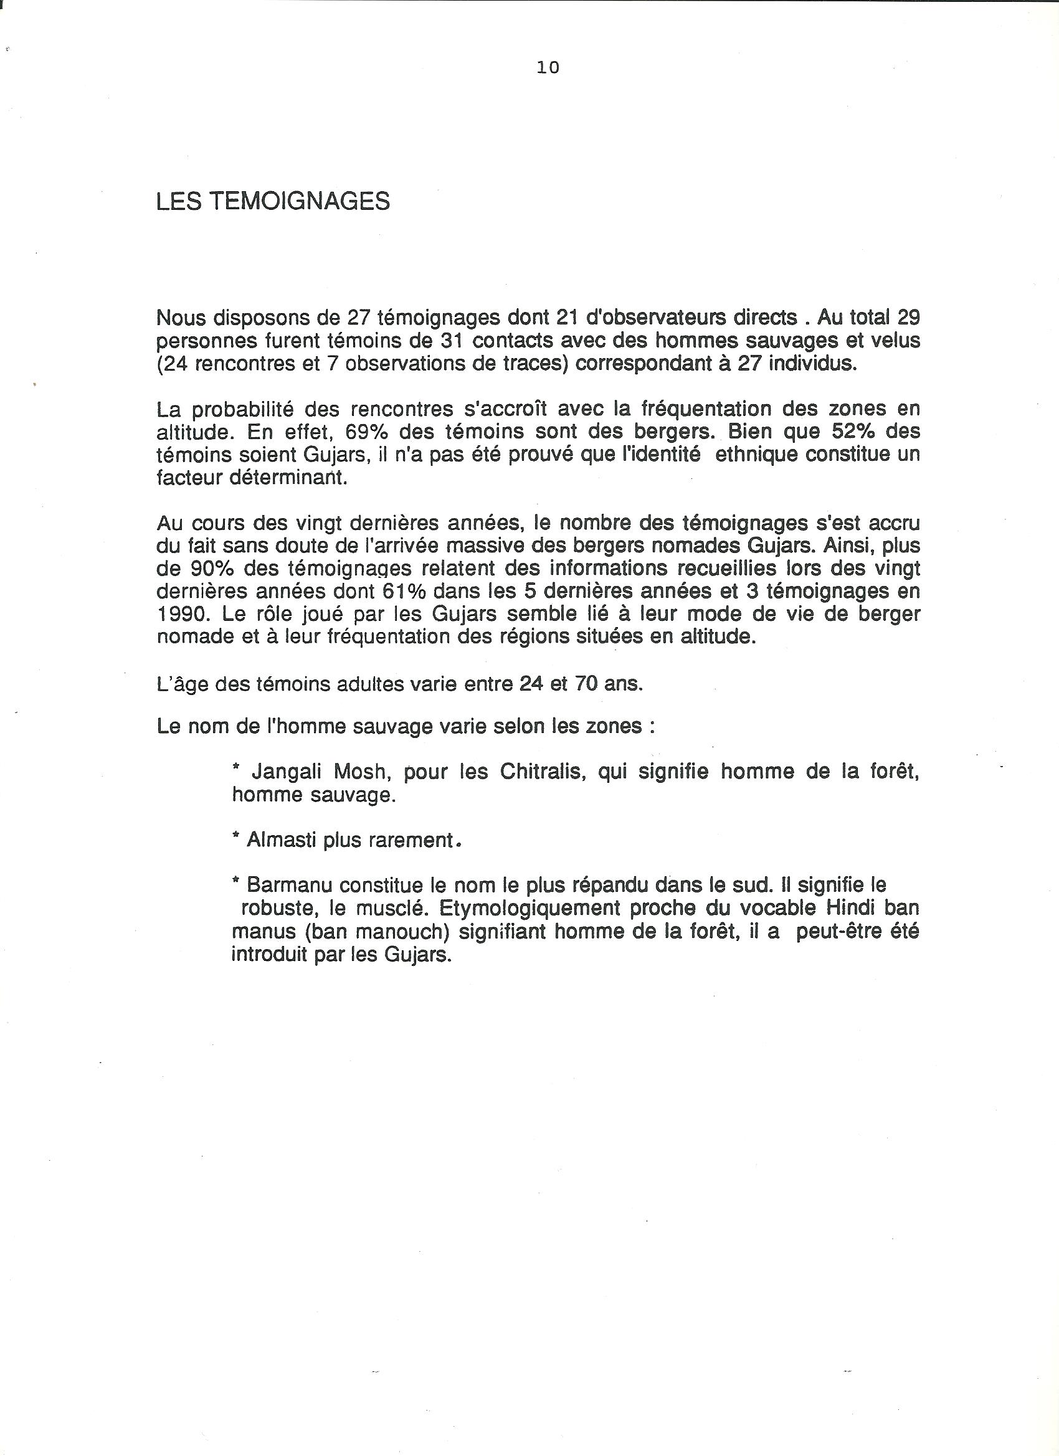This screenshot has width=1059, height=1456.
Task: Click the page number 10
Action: (548, 67)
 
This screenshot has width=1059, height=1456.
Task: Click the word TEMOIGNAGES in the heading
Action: (299, 202)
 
